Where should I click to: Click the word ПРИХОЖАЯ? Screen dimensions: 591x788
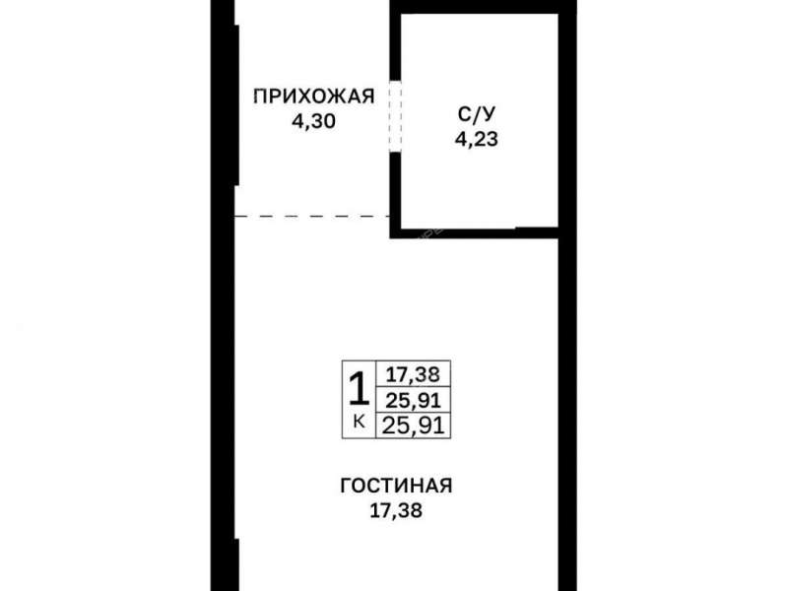pyautogui.click(x=314, y=96)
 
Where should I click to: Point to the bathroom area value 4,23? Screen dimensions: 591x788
pyautogui.click(x=475, y=139)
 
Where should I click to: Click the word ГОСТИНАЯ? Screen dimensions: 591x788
pyautogui.click(x=396, y=487)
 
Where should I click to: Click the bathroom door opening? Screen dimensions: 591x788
pyautogui.click(x=395, y=116)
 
